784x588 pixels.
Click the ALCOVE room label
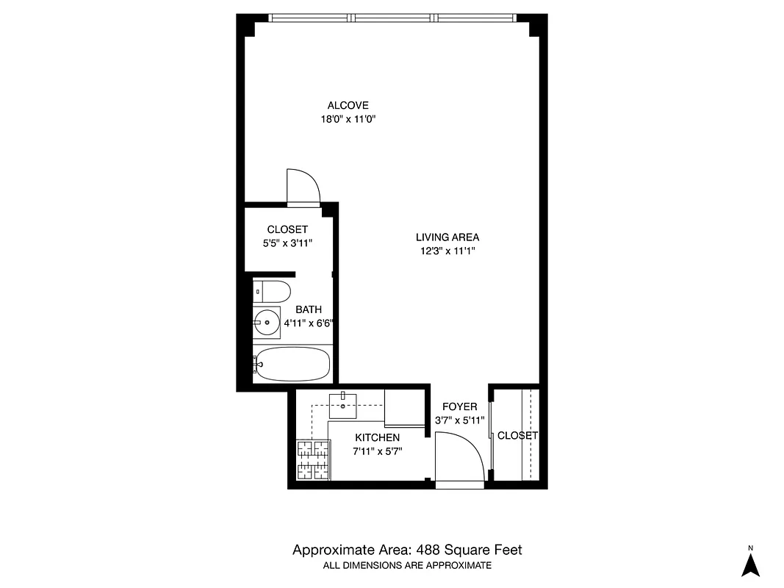pos(348,105)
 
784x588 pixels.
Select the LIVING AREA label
pos(447,237)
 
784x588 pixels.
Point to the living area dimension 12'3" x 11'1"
pos(447,251)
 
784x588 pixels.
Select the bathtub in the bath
pos(292,365)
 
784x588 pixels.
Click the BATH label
pos(309,309)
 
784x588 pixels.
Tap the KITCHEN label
pos(377,437)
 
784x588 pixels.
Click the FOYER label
pos(459,406)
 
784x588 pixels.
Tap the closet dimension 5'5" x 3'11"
pos(287,243)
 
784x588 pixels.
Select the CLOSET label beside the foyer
pos(517,435)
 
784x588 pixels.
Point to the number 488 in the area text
pos(430,550)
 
